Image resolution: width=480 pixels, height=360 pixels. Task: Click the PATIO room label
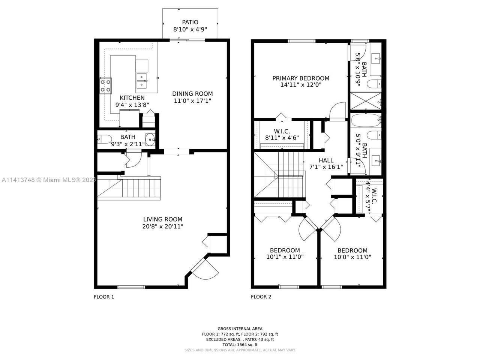pyautogui.click(x=190, y=22)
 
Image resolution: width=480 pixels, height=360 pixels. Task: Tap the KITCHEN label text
pyautogui.click(x=132, y=98)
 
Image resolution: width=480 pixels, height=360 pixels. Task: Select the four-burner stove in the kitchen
pyautogui.click(x=105, y=85)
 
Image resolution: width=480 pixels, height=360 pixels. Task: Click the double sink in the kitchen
pyautogui.click(x=142, y=80)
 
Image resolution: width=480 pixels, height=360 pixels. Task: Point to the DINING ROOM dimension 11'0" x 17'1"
pyautogui.click(x=192, y=101)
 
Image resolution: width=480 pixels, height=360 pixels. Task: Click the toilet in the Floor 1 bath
pyautogui.click(x=105, y=139)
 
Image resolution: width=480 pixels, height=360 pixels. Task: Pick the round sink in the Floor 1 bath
pyautogui.click(x=150, y=139)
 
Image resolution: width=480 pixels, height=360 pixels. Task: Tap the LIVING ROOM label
pyautogui.click(x=163, y=219)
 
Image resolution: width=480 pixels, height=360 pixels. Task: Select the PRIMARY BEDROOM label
pyautogui.click(x=301, y=78)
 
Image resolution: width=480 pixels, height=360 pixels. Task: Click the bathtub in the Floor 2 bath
pyautogui.click(x=366, y=120)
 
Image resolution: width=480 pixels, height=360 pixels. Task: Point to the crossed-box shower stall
pyautogui.click(x=366, y=101)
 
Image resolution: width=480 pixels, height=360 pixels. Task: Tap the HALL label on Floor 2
pyautogui.click(x=326, y=160)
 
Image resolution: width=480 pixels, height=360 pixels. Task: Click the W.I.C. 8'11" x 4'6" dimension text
pyautogui.click(x=282, y=138)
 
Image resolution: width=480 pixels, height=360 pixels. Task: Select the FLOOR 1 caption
pyautogui.click(x=104, y=297)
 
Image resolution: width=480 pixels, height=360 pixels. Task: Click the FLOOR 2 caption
pyautogui.click(x=261, y=297)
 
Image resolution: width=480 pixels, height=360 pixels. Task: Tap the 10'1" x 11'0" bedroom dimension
pyautogui.click(x=285, y=257)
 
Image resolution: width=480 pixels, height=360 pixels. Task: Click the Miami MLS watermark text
pyautogui.click(x=48, y=180)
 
